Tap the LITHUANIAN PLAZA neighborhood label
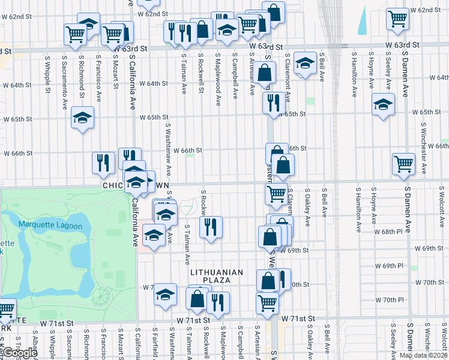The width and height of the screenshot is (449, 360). (x=217, y=272)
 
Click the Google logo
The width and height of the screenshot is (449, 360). (x=19, y=353)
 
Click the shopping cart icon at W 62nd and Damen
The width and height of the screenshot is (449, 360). (x=398, y=18)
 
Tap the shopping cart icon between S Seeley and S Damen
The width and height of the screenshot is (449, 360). (x=403, y=163)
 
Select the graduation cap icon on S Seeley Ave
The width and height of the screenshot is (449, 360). (x=383, y=105)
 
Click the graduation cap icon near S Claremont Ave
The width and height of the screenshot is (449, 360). (x=306, y=64)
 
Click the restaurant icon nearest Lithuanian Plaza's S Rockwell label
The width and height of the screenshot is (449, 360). (x=211, y=227)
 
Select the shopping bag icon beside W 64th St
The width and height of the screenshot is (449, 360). (x=264, y=73)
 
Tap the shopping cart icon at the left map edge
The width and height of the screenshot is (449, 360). (x=5, y=310)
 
